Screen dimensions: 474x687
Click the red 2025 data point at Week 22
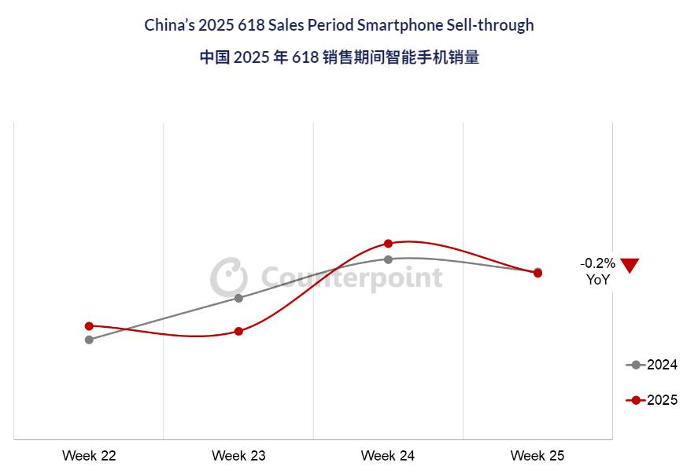[89, 325]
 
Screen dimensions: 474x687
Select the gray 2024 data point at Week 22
[89, 340]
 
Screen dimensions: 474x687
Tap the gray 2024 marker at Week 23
[238, 298]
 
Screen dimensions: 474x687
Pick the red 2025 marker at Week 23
[238, 331]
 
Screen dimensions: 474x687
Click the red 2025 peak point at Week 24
[388, 244]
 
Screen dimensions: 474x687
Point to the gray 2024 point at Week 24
[388, 259]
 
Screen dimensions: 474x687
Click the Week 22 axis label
[89, 456]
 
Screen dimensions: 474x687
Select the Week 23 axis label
[238, 456]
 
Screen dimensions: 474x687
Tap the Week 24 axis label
[388, 456]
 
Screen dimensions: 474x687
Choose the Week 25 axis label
[537, 456]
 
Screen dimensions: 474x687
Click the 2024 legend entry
[652, 365]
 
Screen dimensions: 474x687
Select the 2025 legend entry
[652, 400]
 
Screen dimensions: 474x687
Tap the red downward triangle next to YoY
[630, 265]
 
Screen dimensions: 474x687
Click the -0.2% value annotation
[597, 263]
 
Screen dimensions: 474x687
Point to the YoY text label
[597, 279]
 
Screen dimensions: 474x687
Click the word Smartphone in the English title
[394, 25]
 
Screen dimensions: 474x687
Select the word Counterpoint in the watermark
[351, 277]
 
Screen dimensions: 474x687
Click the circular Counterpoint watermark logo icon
[228, 277]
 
